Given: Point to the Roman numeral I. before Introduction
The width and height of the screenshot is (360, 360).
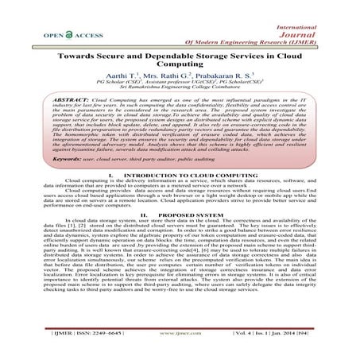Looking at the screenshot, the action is click(x=110, y=195).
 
